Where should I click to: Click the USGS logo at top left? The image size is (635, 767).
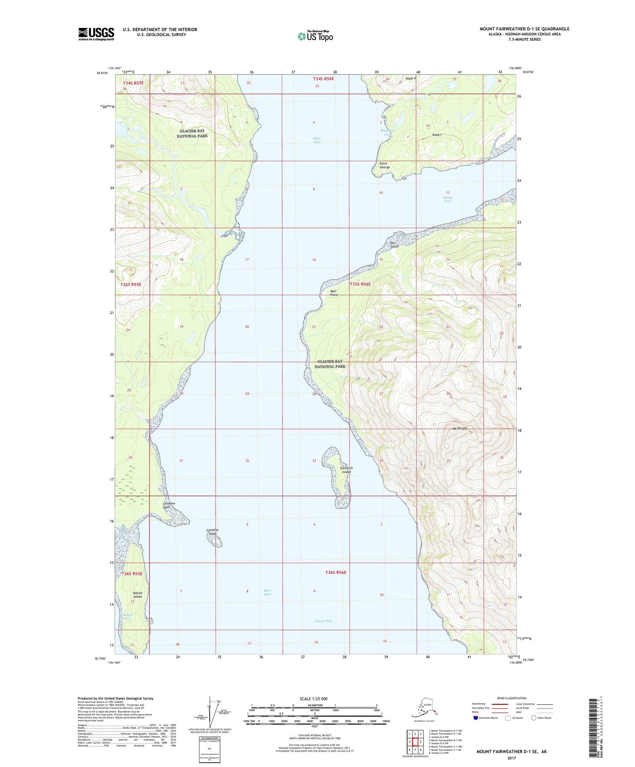click(96, 34)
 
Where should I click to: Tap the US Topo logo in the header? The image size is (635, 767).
click(315, 36)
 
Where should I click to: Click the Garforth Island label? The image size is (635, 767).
click(346, 470)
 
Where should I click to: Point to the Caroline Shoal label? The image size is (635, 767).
click(212, 532)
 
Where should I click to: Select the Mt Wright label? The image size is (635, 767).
click(459, 428)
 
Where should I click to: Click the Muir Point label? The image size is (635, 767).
click(334, 293)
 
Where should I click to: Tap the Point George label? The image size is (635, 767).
click(385, 165)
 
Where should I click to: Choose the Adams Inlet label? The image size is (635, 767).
click(447, 199)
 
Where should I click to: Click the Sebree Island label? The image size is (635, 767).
click(137, 595)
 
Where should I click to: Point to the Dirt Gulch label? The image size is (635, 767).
click(394, 245)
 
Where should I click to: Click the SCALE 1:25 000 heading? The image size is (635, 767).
click(314, 698)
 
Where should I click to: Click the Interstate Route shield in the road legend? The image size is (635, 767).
click(476, 730)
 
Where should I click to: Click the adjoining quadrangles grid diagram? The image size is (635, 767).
click(414, 742)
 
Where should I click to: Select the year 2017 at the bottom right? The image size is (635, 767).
click(511, 758)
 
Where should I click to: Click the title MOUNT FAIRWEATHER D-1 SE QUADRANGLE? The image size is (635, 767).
click(524, 29)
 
